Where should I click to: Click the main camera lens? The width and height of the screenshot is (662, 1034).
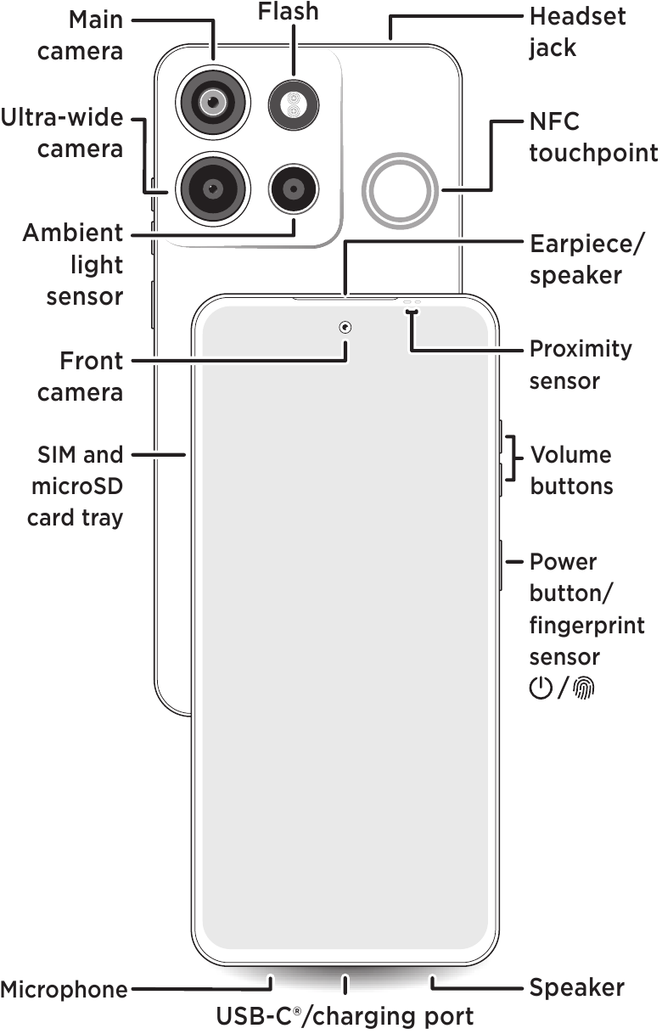click(213, 102)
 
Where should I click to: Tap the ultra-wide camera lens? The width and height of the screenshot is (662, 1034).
click(213, 188)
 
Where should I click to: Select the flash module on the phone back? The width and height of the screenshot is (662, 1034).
click(294, 104)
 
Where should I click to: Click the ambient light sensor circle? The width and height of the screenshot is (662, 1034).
click(294, 188)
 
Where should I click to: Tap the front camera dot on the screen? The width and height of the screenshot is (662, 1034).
click(345, 328)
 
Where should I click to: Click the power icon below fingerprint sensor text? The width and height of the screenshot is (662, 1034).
click(541, 688)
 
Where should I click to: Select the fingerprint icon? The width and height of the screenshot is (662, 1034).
click(584, 688)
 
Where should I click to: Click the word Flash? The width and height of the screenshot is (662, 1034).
click(288, 12)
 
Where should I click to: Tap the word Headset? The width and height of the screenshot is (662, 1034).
click(577, 17)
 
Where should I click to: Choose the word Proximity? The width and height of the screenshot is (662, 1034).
click(581, 351)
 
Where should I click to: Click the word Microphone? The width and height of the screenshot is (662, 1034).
click(64, 990)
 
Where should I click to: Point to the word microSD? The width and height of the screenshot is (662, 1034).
click(77, 486)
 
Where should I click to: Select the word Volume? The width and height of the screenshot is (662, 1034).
click(571, 455)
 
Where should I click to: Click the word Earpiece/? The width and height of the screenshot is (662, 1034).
click(586, 244)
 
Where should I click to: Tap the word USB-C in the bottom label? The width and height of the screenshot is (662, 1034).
click(255, 1017)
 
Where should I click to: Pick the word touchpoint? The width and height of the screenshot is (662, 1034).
click(593, 154)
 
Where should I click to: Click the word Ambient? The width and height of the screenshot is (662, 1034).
click(73, 233)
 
